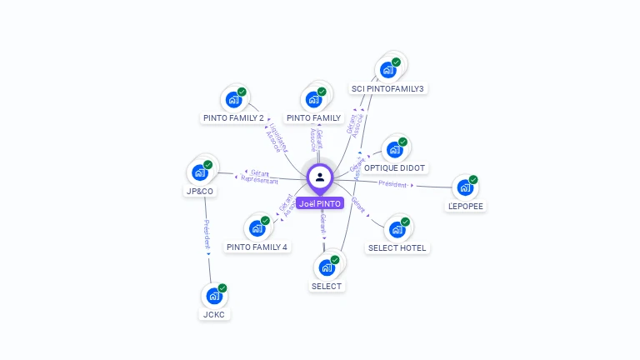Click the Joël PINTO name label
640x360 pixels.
[320, 203]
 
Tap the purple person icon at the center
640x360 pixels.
[320, 177]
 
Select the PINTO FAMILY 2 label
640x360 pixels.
[233, 118]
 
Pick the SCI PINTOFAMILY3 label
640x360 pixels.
[387, 88]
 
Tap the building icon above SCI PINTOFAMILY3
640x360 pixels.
[387, 70]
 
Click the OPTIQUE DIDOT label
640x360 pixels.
[395, 167]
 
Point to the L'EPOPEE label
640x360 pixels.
[466, 206]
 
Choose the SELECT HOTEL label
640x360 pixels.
[397, 247]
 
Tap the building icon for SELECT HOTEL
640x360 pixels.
[397, 229]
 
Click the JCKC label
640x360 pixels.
[215, 314]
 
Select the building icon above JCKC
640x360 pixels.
[213, 296]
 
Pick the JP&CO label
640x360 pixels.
[199, 191]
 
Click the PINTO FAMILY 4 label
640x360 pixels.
[257, 247]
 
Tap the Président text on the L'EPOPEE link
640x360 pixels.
[392, 184]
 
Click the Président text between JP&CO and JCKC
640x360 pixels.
[207, 236]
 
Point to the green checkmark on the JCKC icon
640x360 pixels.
[222, 288]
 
